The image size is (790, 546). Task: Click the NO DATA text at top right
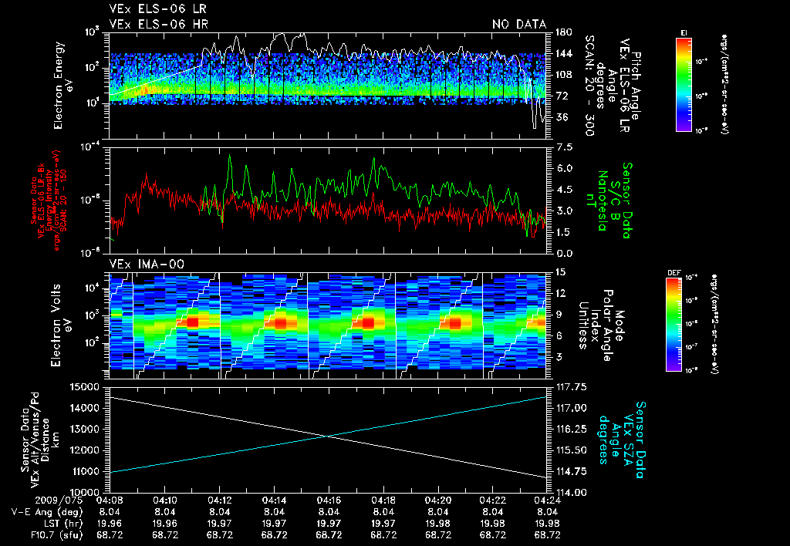pyautogui.click(x=518, y=25)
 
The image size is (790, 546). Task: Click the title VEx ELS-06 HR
pyautogui.click(x=151, y=25)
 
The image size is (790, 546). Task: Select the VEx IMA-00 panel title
pyautogui.click(x=140, y=264)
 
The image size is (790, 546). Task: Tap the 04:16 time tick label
pyautogui.click(x=329, y=500)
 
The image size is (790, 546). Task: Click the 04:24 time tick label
pyautogui.click(x=547, y=500)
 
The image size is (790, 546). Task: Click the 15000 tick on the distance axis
pyautogui.click(x=86, y=386)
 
